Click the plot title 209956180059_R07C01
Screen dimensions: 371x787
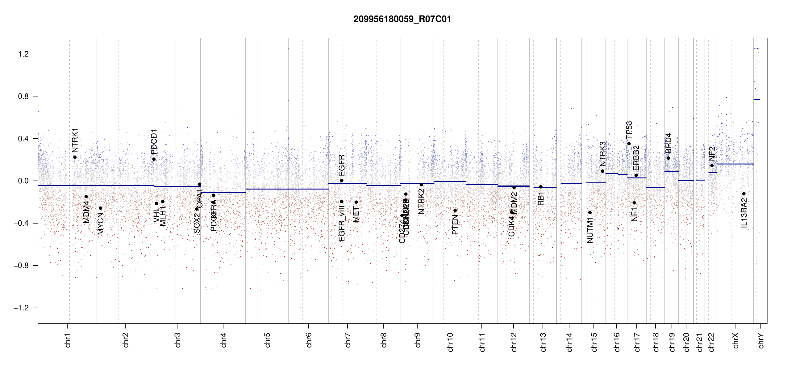pyautogui.click(x=402, y=19)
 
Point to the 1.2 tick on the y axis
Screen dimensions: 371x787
pyautogui.click(x=23, y=54)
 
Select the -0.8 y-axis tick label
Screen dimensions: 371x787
pyautogui.click(x=21, y=266)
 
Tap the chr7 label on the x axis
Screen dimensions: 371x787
pyautogui.click(x=348, y=340)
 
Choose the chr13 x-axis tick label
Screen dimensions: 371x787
pyautogui.click(x=543, y=342)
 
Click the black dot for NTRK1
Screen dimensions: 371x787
pyautogui.click(x=75, y=157)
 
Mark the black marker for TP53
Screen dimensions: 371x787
pyautogui.click(x=629, y=144)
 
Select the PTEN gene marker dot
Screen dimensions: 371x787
pyautogui.click(x=455, y=211)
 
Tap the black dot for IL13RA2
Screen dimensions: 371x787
pyautogui.click(x=744, y=194)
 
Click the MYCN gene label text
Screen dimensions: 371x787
pyautogui.click(x=100, y=223)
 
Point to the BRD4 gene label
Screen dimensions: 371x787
pyautogui.click(x=668, y=143)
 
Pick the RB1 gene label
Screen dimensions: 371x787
pyautogui.click(x=541, y=198)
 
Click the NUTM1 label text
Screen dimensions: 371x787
pyautogui.click(x=590, y=230)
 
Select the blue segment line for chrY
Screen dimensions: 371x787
pyautogui.click(x=757, y=99)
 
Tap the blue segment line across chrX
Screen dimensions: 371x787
pyautogui.click(x=735, y=164)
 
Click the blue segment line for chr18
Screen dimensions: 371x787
pyautogui.click(x=655, y=187)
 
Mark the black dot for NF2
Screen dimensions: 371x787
pyautogui.click(x=712, y=165)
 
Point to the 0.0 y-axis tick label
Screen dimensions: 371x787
pyautogui.click(x=23, y=181)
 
